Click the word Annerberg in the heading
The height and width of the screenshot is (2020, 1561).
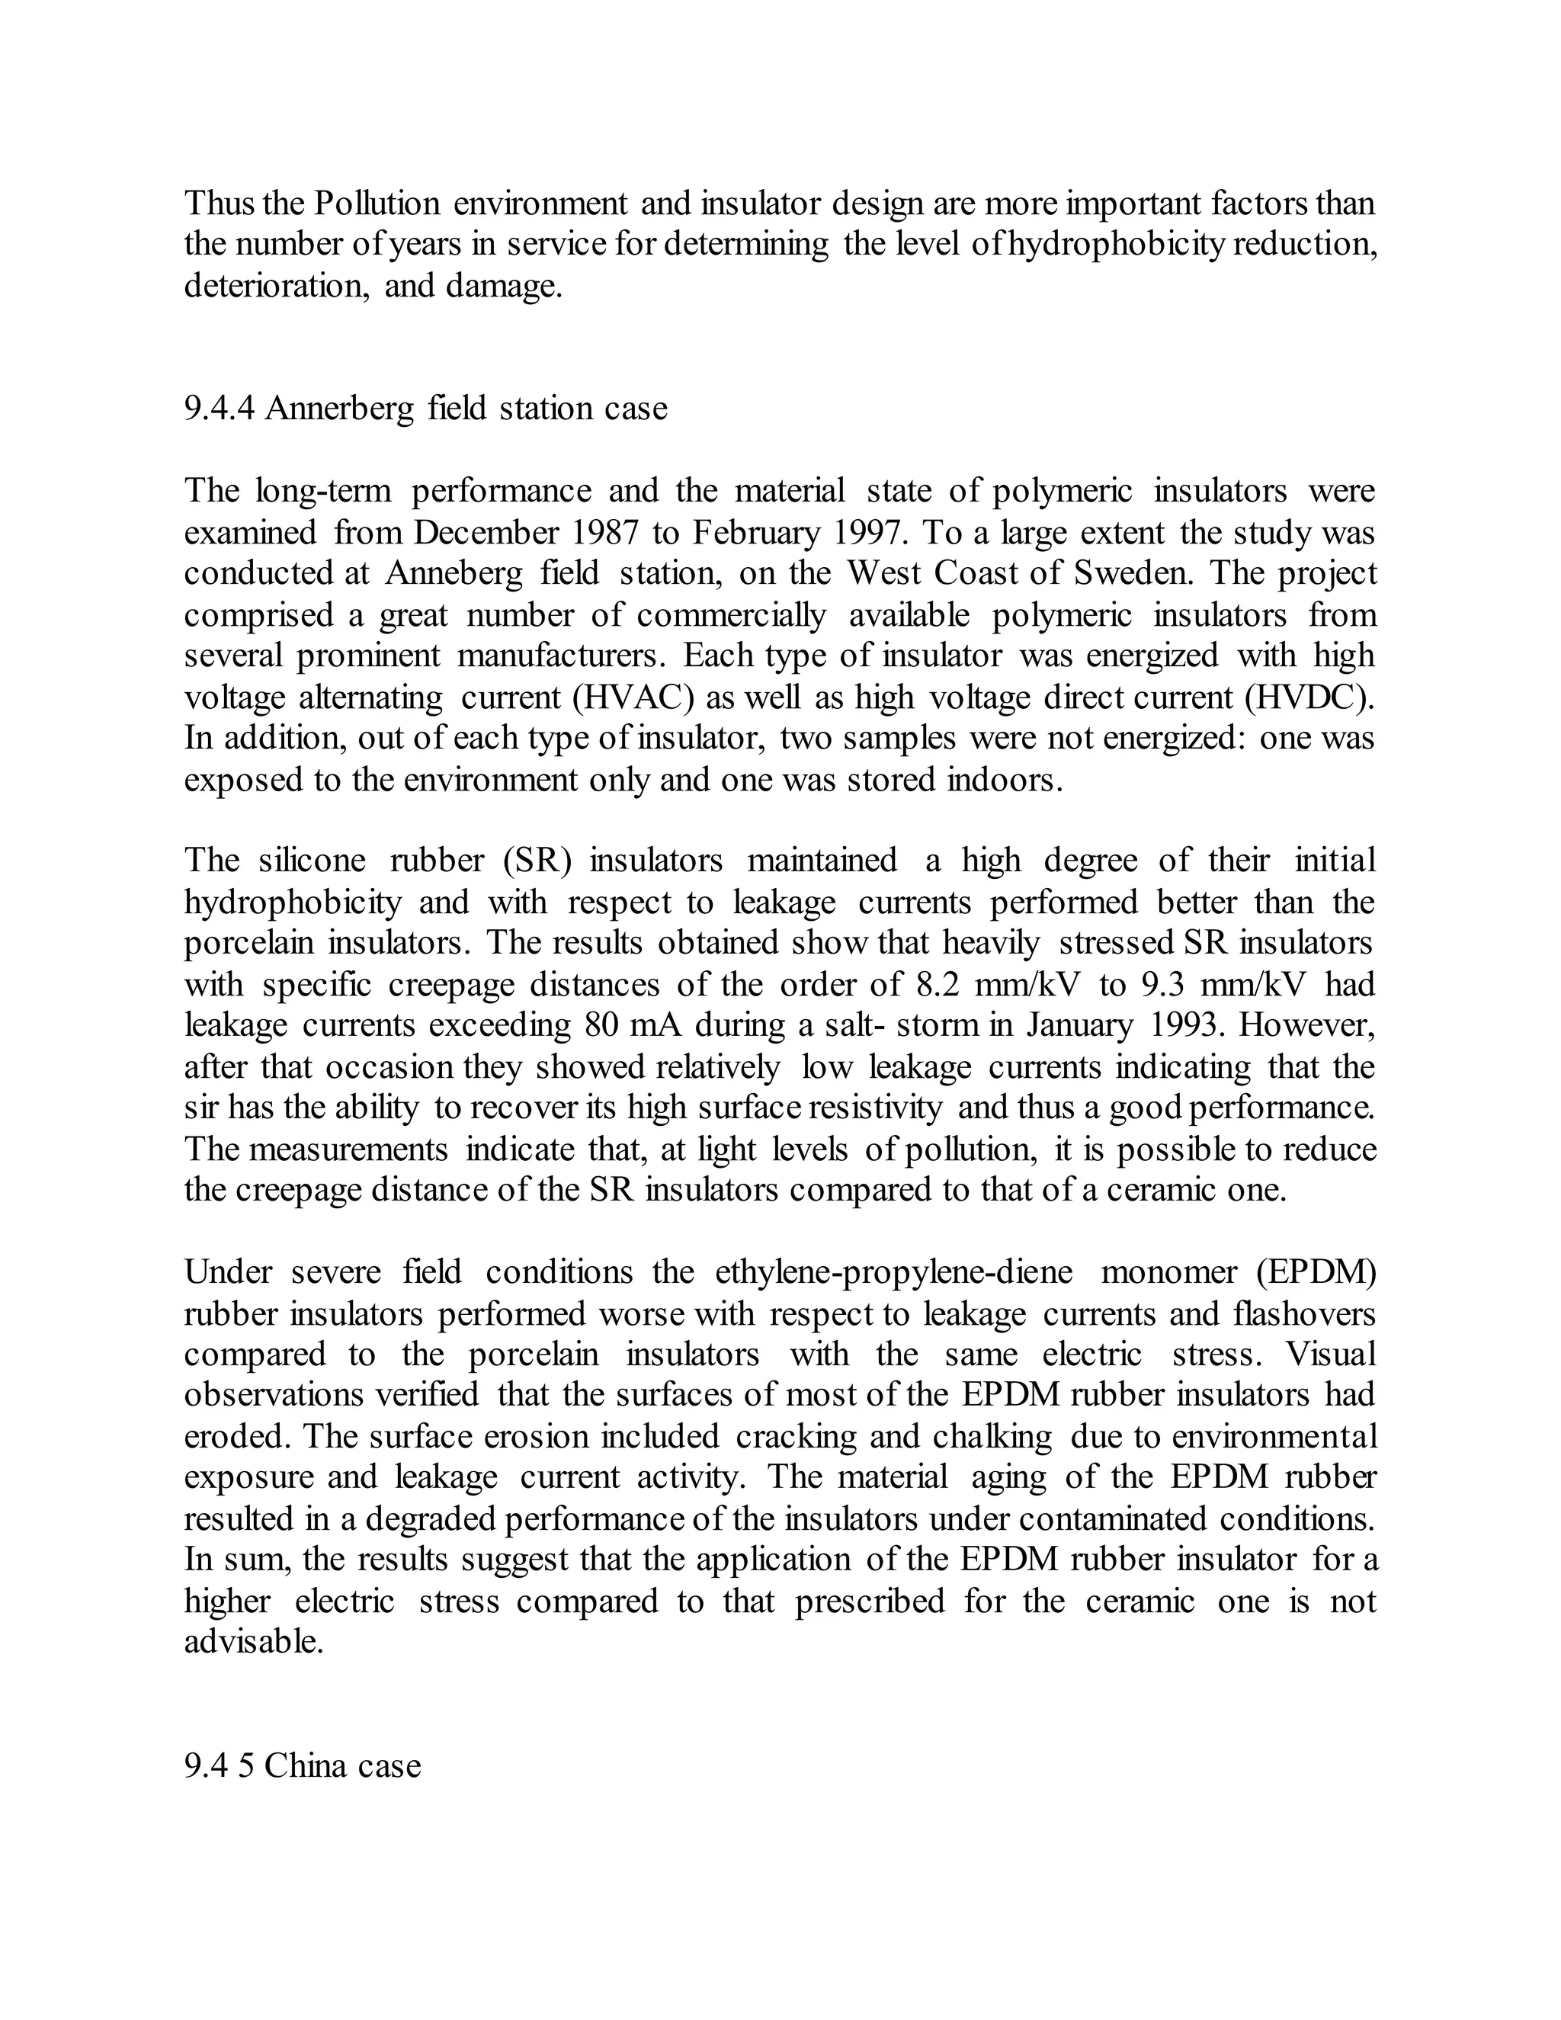tap(339, 408)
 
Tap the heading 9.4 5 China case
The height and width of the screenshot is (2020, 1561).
tap(303, 1765)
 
